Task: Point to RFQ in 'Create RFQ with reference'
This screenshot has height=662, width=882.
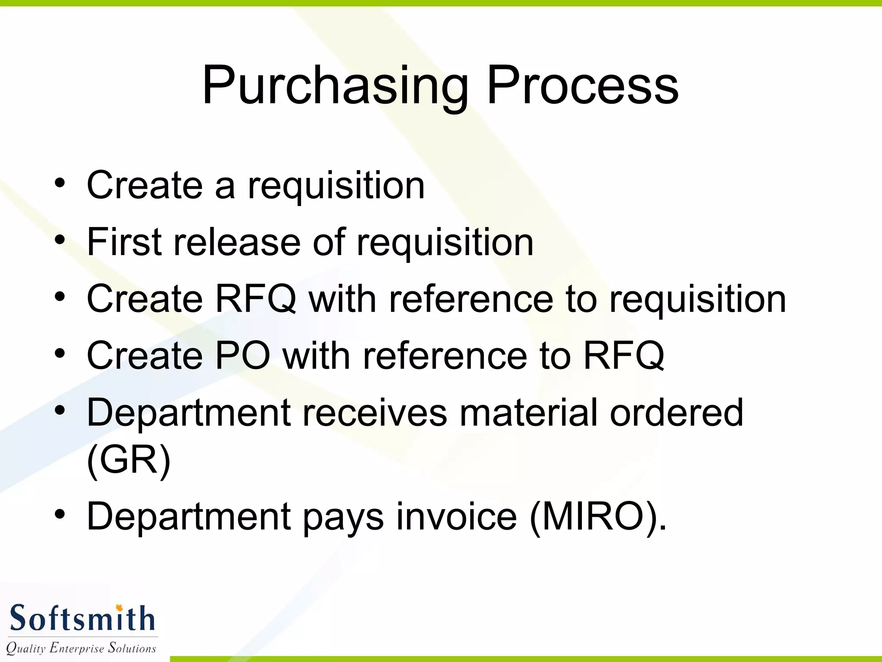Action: (256, 299)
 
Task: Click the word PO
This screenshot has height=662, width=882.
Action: (242, 356)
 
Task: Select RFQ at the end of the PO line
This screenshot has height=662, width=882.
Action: (624, 356)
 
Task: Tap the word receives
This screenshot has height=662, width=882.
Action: (375, 412)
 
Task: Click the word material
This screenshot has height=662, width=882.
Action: (528, 412)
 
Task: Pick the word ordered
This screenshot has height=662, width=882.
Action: (677, 412)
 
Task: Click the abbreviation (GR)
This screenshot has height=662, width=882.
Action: (128, 460)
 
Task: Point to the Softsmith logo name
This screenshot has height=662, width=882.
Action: (82, 619)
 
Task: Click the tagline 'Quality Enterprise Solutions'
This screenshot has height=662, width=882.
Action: (81, 648)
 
